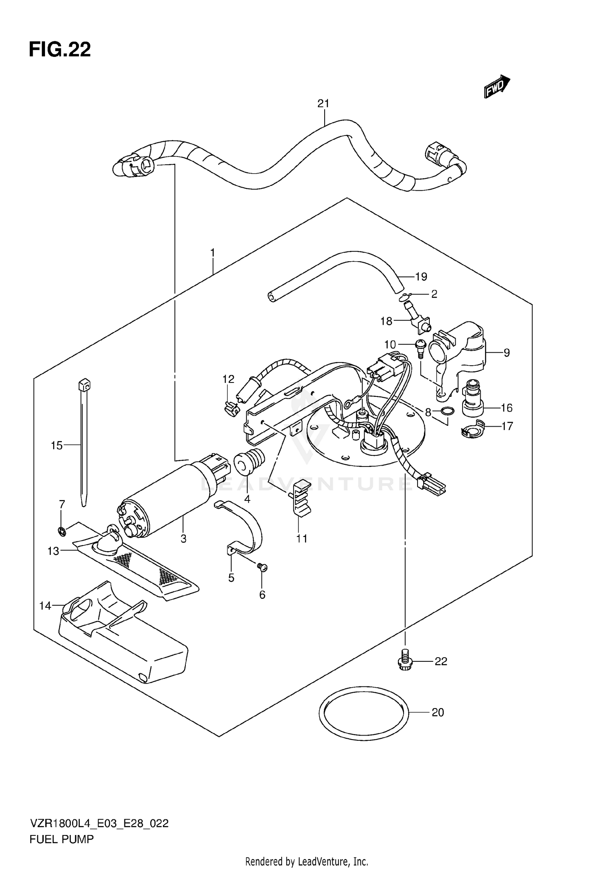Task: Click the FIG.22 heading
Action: pos(60,50)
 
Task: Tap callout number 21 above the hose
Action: pos(323,104)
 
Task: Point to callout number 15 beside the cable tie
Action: pos(56,445)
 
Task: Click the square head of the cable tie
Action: pos(84,385)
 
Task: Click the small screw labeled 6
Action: pos(262,567)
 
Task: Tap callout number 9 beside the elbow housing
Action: pos(507,352)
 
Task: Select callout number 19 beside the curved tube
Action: pos(421,277)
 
